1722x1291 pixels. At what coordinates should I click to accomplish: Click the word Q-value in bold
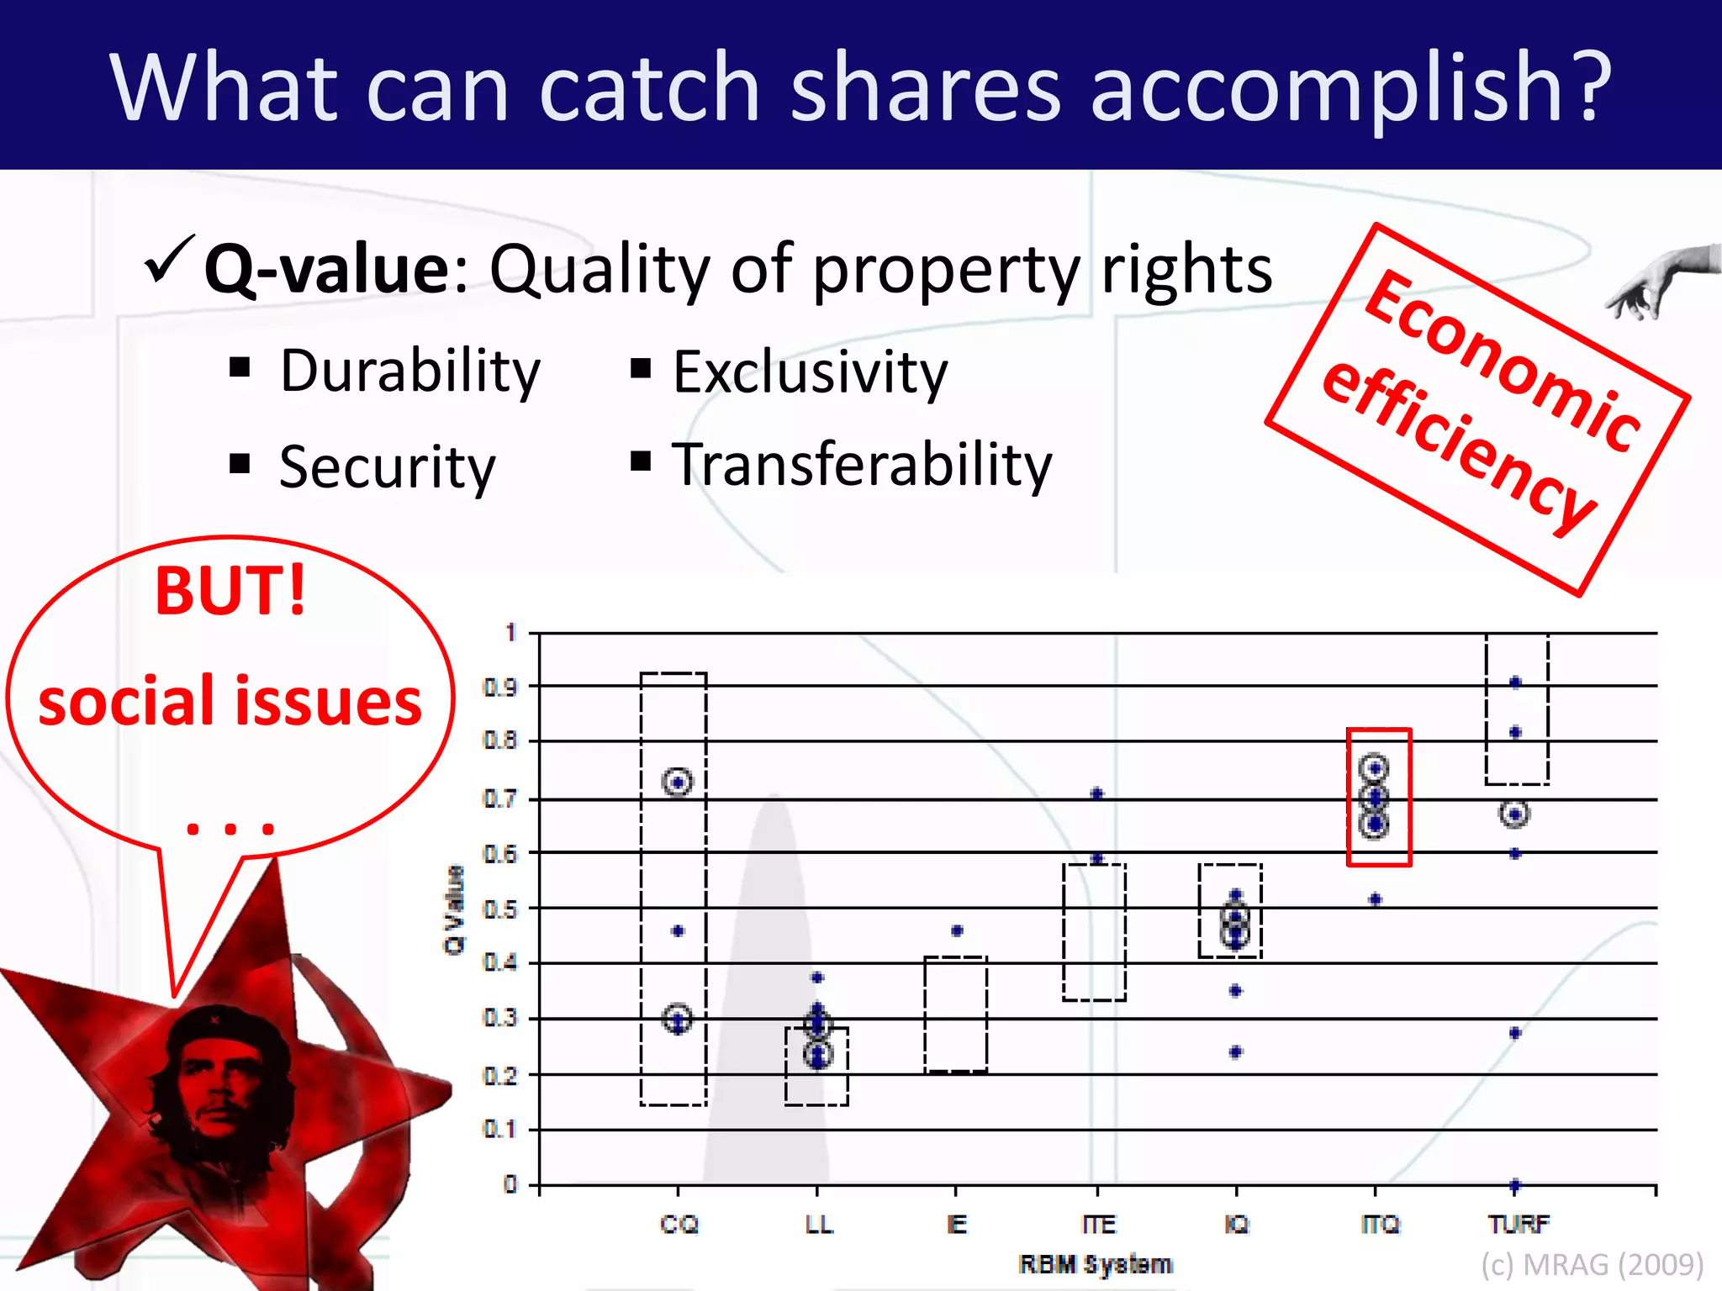(328, 269)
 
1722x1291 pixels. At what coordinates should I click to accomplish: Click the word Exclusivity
(810, 372)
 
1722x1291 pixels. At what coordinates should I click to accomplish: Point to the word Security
(387, 467)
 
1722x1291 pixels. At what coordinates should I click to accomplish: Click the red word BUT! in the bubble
(230, 591)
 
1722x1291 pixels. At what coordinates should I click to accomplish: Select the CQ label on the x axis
(679, 1224)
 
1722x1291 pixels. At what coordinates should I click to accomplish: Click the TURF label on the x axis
(1518, 1224)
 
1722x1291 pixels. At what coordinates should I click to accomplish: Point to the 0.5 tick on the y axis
(500, 909)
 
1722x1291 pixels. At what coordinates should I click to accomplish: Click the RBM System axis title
(1095, 1264)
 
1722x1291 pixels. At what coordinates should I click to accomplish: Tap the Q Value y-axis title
(454, 909)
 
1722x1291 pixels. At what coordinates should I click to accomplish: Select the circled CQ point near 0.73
(678, 783)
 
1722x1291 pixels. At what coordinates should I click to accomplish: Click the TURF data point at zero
(1515, 1185)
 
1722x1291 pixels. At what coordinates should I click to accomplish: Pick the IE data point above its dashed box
(957, 930)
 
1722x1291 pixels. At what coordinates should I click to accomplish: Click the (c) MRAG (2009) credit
(1592, 1264)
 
